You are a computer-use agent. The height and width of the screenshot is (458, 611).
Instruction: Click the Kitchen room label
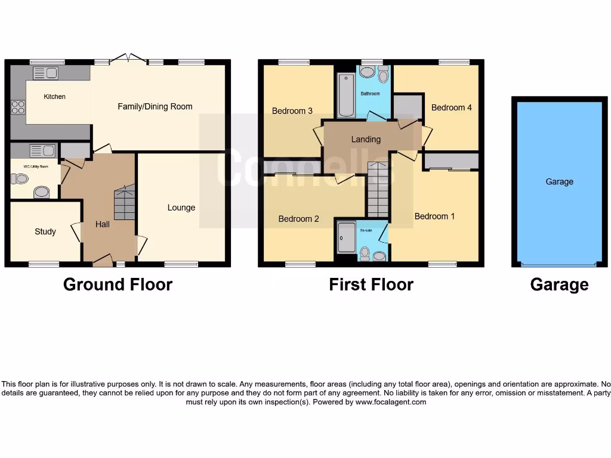pyautogui.click(x=54, y=97)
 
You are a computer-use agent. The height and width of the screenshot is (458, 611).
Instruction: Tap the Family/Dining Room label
pyautogui.click(x=155, y=107)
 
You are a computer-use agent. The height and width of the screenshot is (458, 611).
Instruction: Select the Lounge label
pyautogui.click(x=181, y=208)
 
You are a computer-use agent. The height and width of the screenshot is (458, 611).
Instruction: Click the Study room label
pyautogui.click(x=45, y=231)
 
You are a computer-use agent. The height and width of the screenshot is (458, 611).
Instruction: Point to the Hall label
pyautogui.click(x=103, y=224)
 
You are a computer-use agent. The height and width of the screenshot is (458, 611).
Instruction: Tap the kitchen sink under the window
pyautogui.click(x=45, y=73)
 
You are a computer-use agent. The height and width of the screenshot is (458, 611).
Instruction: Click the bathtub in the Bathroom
pyautogui.click(x=346, y=95)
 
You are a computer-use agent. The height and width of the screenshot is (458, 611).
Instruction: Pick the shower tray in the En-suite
pyautogui.click(x=346, y=237)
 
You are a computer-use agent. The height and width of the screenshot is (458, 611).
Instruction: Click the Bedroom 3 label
pyautogui.click(x=292, y=111)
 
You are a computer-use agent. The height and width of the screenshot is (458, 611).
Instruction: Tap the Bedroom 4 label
pyautogui.click(x=452, y=107)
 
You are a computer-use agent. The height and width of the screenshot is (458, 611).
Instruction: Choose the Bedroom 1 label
pyautogui.click(x=434, y=216)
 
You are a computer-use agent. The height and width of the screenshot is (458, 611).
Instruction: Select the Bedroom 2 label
pyautogui.click(x=299, y=219)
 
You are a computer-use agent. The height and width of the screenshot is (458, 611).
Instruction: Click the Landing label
pyautogui.click(x=366, y=139)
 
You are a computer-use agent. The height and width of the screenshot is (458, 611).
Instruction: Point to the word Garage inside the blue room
pyautogui.click(x=559, y=182)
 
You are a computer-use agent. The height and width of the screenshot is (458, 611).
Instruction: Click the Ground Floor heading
pyautogui.click(x=118, y=284)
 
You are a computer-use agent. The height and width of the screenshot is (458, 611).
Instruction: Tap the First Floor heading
pyautogui.click(x=371, y=284)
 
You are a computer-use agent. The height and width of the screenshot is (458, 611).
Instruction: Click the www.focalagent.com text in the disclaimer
pyautogui.click(x=391, y=402)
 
